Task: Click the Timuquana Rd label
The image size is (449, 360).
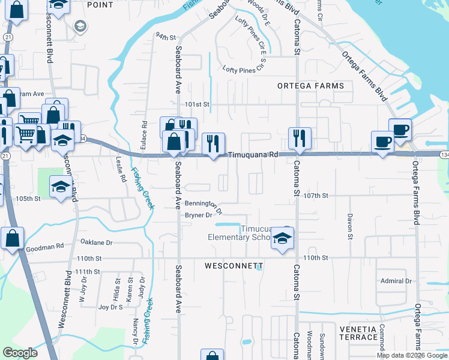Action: click(x=253, y=154)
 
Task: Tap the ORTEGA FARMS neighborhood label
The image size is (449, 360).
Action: click(x=311, y=86)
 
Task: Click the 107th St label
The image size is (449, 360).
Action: click(x=316, y=196)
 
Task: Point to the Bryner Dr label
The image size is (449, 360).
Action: click(x=199, y=215)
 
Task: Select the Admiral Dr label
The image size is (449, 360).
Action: click(x=396, y=281)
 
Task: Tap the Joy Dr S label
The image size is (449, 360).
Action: click(x=110, y=307)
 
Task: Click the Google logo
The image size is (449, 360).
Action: click(x=20, y=353)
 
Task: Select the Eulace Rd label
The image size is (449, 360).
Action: click(x=145, y=132)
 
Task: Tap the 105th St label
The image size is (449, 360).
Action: click(x=28, y=198)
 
